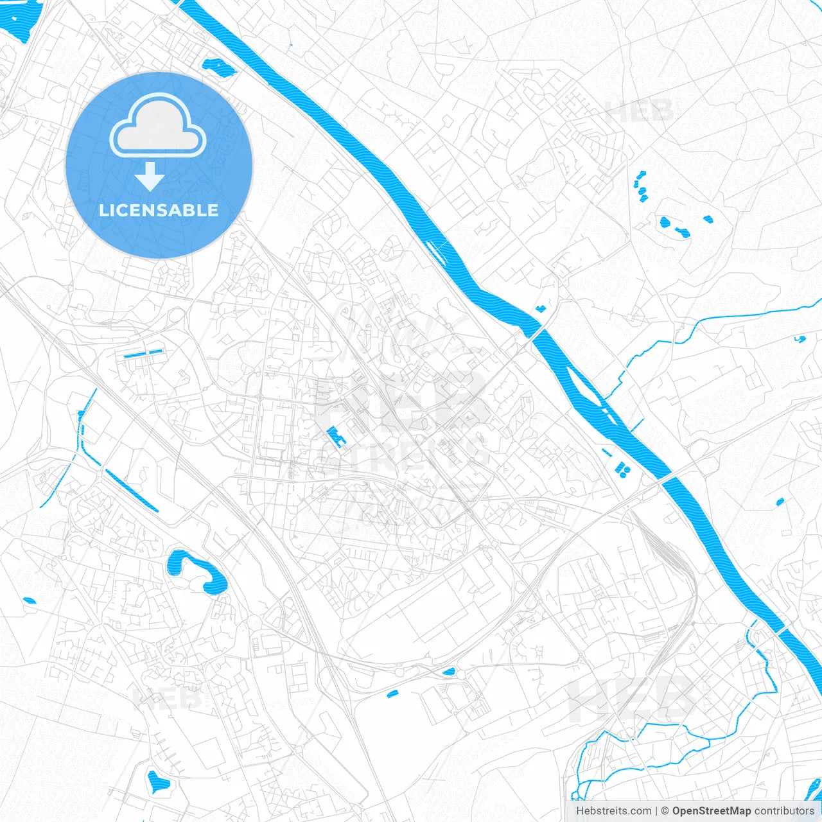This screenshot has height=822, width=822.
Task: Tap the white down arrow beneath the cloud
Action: click(150, 176)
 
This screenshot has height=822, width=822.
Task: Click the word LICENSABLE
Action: click(159, 210)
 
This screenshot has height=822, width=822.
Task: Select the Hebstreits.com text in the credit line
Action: click(614, 811)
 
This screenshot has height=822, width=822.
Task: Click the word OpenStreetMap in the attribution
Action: click(712, 811)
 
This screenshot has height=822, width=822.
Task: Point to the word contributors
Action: click(784, 811)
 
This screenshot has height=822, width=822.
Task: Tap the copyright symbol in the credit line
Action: click(665, 811)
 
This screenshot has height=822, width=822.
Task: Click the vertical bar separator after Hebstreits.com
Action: click(656, 811)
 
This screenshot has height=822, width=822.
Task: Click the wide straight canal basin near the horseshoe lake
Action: click(132, 491)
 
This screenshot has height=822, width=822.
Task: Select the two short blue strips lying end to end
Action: click(143, 354)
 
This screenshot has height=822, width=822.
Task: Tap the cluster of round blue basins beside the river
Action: click(622, 470)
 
